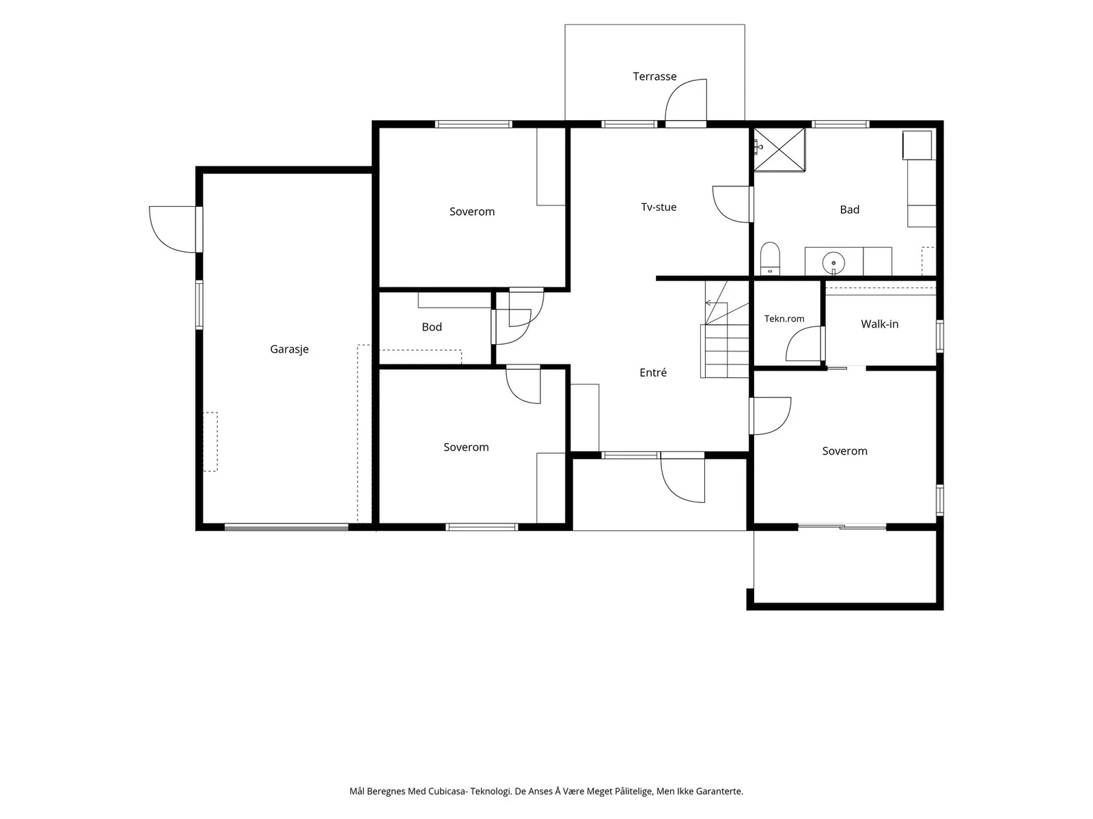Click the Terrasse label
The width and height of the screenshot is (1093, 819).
[654, 76]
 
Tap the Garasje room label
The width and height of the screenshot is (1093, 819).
[289, 349]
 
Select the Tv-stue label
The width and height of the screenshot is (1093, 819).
[659, 207]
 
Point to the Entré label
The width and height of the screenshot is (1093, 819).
[653, 373]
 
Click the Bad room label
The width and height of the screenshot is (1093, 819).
[850, 210]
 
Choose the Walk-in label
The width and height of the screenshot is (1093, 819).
[879, 324]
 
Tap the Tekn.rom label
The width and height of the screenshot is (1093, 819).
[784, 319]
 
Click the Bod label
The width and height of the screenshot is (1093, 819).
[431, 327]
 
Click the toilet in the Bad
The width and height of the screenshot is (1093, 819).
[770, 259]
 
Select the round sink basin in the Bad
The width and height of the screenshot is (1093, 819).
[833, 262]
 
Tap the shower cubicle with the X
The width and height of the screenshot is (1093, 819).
[779, 149]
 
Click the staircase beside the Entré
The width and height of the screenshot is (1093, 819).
[725, 329]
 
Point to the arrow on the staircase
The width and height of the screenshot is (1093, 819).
[715, 303]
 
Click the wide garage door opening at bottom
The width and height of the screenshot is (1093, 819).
[286, 527]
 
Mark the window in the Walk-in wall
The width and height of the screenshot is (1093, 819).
[939, 336]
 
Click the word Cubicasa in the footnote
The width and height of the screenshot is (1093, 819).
[447, 791]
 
